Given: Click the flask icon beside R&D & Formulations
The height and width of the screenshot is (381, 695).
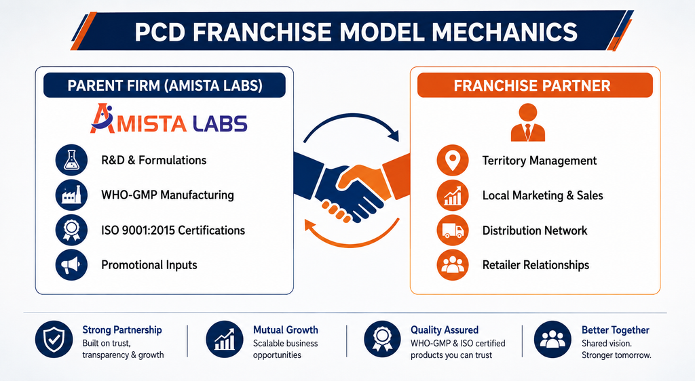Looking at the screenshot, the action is coord(71,160).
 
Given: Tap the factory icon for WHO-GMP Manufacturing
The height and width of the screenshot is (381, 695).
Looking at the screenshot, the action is coord(71,195).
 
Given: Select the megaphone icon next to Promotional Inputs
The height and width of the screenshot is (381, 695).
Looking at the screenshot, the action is coord(71,264).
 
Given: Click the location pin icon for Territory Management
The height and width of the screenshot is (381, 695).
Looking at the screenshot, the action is coord(453,160).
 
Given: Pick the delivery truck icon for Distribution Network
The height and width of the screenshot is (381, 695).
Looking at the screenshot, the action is coord(453,230).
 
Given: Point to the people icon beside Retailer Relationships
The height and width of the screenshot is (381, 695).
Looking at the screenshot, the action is coord(453,264).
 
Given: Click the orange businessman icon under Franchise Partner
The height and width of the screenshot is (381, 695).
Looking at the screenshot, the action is coord(527,123).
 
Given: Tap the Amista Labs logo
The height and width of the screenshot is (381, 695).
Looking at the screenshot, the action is coord(168,119).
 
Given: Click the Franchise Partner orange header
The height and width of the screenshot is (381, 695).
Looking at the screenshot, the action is coord(535,85).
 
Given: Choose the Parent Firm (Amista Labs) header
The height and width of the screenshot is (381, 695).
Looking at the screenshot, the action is coord(164,85).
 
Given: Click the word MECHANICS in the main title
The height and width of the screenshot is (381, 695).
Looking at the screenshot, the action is coord(505,32).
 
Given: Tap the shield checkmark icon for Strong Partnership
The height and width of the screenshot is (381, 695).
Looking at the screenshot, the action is coord(54,340).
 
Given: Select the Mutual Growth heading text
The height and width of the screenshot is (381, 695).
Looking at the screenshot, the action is coord(286,329).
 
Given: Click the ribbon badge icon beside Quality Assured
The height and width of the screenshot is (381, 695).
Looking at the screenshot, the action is coord(383,340).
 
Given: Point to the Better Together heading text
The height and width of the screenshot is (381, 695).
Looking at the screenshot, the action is coord(615,330).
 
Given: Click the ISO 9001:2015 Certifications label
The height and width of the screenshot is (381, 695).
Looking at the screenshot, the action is coord(173,230).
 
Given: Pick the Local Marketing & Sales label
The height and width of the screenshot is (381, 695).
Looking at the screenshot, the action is coord(542,195).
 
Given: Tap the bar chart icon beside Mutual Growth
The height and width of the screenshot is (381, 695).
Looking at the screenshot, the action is coord(225,340).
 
